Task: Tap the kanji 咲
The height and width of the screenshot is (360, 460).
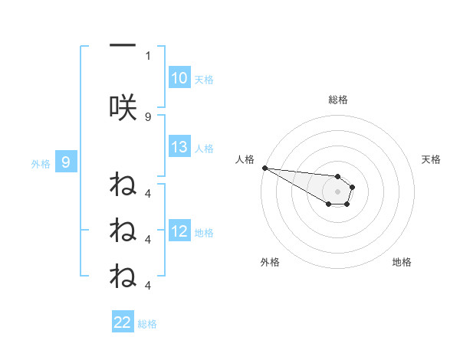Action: click(123, 107)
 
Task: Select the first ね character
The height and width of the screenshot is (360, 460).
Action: click(123, 185)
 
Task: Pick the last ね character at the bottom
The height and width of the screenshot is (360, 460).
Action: click(123, 275)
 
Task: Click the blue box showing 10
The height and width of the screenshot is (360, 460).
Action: click(179, 78)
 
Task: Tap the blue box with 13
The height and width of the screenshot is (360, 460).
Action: click(179, 148)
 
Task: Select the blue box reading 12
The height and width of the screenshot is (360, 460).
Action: click(179, 232)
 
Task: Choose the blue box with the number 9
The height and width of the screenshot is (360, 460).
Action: click(66, 162)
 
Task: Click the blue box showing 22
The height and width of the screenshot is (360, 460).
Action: click(123, 322)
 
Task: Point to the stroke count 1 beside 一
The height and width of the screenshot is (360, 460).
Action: click(148, 55)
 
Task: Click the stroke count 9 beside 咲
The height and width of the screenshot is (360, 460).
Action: click(148, 116)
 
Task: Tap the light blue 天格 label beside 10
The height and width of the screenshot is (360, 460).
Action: click(204, 79)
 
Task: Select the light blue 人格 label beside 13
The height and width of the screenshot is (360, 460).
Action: click(204, 149)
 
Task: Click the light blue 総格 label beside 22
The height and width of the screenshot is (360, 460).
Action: click(147, 323)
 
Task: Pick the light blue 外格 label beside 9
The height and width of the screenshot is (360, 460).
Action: click(41, 162)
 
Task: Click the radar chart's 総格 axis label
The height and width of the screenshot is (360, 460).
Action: click(337, 100)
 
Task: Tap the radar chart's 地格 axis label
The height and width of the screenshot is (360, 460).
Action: click(402, 262)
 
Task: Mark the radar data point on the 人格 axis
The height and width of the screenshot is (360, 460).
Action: click(264, 168)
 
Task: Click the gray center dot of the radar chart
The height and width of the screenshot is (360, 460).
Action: click(337, 191)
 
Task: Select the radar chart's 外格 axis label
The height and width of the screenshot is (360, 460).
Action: click(270, 262)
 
